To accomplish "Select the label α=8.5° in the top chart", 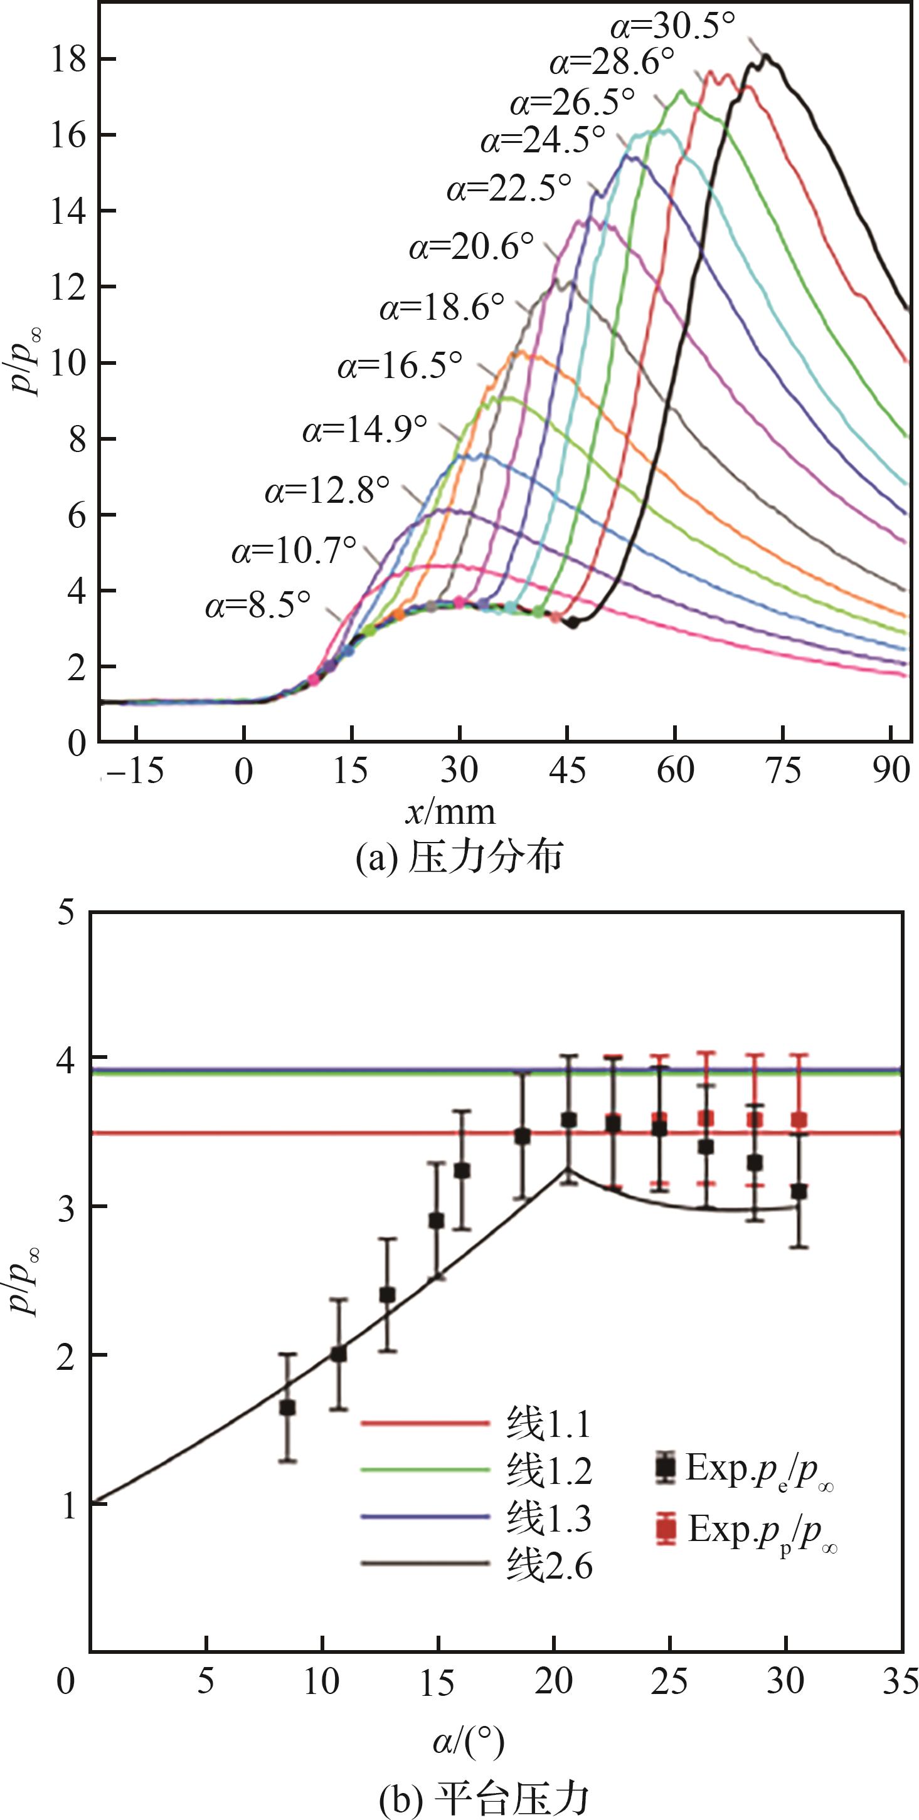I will [258, 606].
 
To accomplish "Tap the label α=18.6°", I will [442, 308].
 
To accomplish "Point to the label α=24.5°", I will [543, 140].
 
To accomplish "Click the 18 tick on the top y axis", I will [68, 60].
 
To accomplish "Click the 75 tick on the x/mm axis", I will [783, 772].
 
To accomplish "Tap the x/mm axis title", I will [450, 813].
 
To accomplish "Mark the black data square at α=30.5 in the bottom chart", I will [799, 1192].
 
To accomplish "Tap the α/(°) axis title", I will [468, 1742].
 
